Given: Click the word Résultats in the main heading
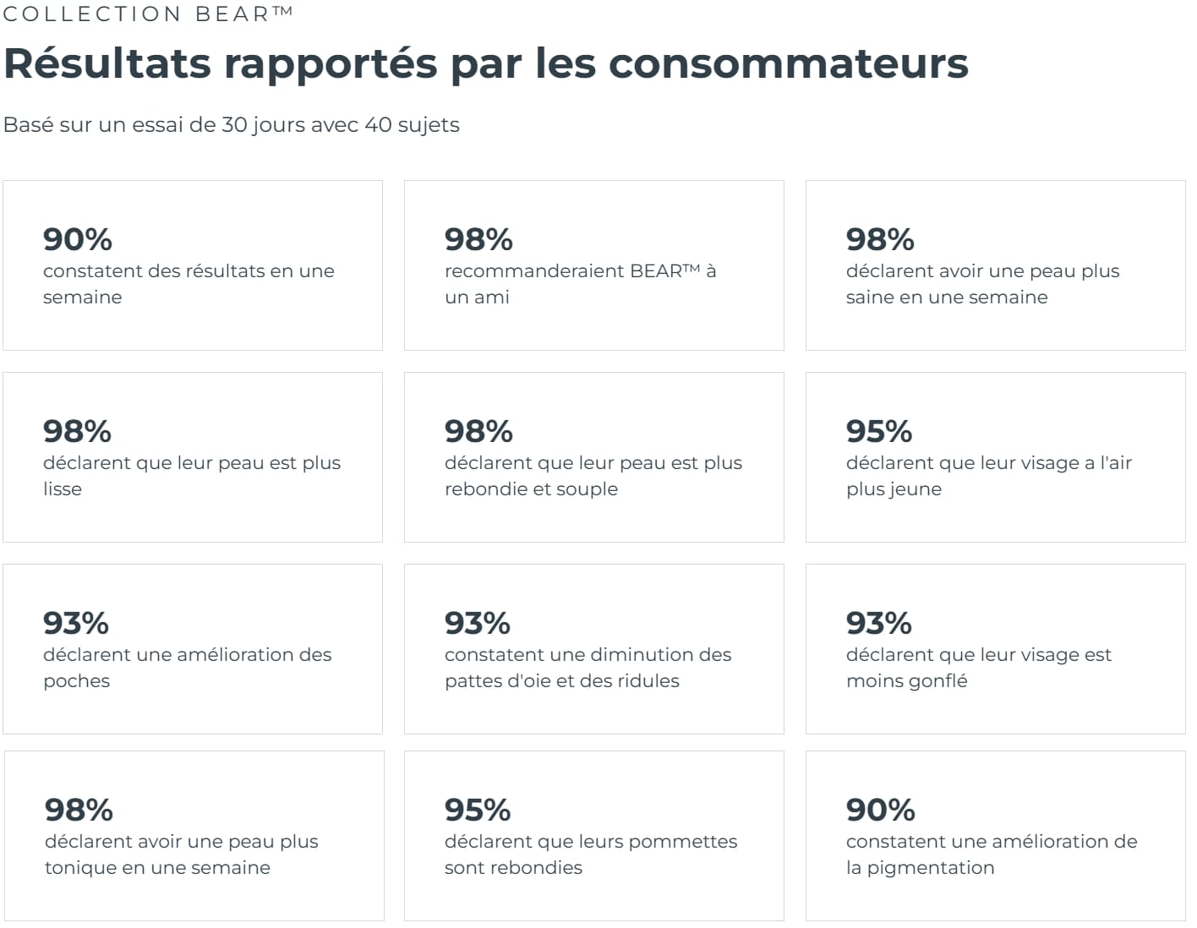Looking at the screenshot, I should [x=107, y=63].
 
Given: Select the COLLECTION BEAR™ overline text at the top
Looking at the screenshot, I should [x=148, y=14].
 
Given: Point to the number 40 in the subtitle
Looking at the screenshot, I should [x=378, y=125].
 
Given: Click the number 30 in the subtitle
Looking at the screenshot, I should [x=234, y=125].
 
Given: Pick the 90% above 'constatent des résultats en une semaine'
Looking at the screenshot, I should [x=78, y=239].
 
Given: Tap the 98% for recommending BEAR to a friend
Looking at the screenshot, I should [x=478, y=239].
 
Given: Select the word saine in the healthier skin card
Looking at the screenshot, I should [x=869, y=298].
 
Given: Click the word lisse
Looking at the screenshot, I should [x=63, y=489].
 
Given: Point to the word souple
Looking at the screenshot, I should [x=587, y=489].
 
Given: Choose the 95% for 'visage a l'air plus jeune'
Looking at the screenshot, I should [x=879, y=431].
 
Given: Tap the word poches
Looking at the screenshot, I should [x=76, y=681].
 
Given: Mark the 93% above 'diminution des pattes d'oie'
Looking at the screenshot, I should [x=478, y=623].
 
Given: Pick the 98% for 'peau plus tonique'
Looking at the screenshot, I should [x=79, y=810].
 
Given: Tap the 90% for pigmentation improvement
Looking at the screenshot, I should [x=880, y=810].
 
